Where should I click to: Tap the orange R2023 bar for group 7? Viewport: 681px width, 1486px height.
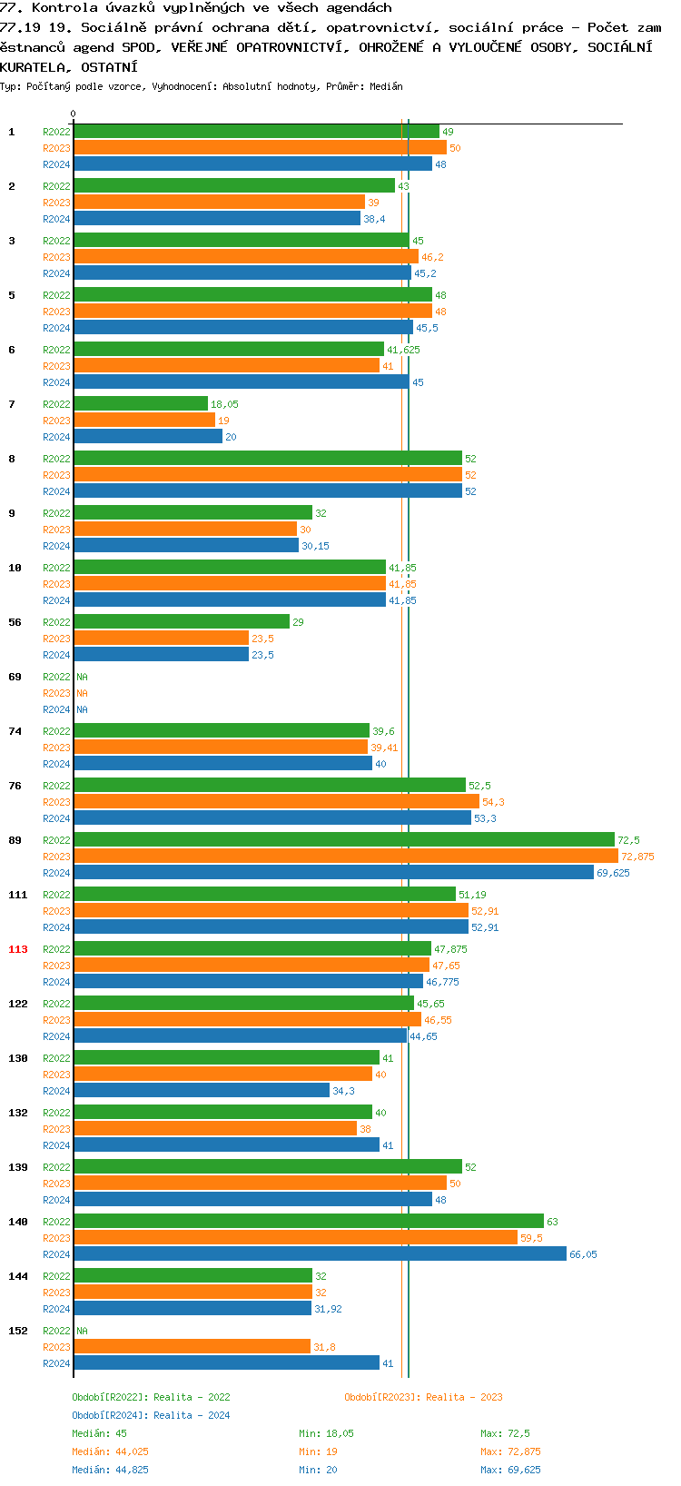(144, 420)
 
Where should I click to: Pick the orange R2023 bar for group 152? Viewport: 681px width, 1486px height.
(192, 1346)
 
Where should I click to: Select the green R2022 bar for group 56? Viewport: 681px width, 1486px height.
(182, 621)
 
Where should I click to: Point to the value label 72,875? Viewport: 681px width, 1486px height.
(637, 857)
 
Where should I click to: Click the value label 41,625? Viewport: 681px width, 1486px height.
(403, 350)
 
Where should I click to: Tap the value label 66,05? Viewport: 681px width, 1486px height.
(583, 1254)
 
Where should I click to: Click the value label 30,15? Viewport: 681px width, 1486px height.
(315, 546)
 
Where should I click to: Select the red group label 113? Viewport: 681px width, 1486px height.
(18, 949)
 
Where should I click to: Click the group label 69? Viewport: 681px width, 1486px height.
(15, 677)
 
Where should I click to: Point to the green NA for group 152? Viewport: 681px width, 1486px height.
(82, 1331)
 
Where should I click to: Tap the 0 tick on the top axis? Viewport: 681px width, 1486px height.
(74, 114)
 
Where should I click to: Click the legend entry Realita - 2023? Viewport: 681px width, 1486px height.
(423, 1397)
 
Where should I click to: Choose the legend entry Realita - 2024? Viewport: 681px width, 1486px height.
(151, 1415)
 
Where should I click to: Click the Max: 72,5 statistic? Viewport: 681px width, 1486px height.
(505, 1433)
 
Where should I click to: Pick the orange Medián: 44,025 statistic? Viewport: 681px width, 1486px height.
(110, 1451)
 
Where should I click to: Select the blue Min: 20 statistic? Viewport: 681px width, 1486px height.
(318, 1470)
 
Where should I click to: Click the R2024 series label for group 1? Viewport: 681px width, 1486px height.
(56, 164)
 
